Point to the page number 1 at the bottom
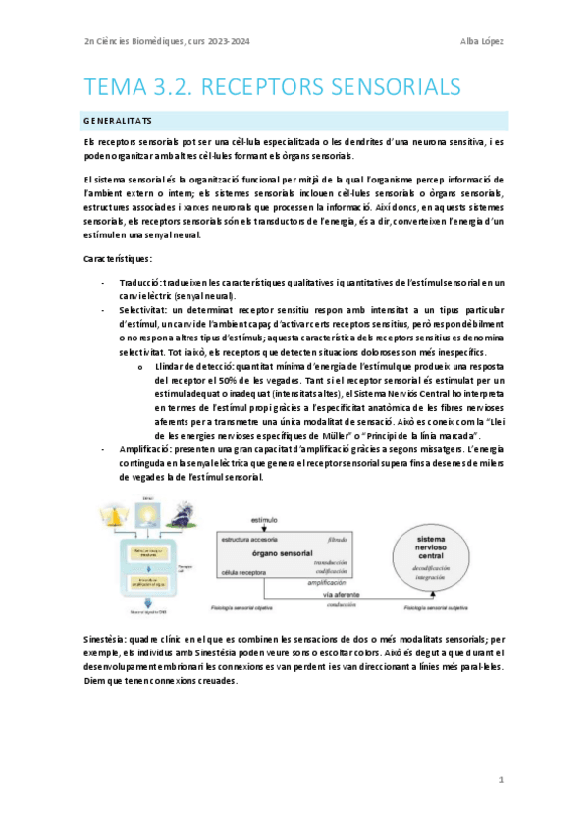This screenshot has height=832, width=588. [x=501, y=780]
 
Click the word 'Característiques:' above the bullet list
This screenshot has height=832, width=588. [x=118, y=258]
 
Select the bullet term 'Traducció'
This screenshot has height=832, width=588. [x=137, y=282]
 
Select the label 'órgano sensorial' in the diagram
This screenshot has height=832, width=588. [x=283, y=553]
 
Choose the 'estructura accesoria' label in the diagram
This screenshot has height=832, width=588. [x=254, y=540]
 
